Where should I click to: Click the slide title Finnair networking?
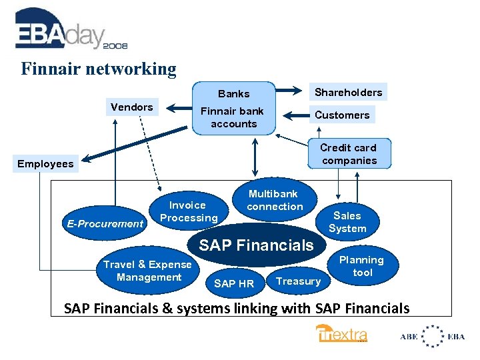coord(99,69)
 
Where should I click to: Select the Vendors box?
coord(132,107)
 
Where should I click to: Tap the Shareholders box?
coord(348,92)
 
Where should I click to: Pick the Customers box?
coord(341,115)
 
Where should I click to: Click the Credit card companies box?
coord(348,154)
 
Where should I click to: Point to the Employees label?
coord(45,164)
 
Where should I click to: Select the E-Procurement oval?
coord(105,223)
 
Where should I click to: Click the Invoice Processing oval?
coord(189,211)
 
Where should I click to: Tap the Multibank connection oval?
coord(274,200)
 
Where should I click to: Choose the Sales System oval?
coord(347,222)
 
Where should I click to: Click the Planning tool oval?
coord(362,266)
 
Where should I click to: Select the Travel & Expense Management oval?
coord(148,271)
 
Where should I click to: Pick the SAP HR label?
coord(233,283)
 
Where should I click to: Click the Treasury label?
coord(298,281)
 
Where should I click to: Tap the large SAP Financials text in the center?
coord(256,245)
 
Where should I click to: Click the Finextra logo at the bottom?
coord(341,334)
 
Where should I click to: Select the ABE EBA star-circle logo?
coord(433,335)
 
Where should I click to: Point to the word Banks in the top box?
coord(233,93)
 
